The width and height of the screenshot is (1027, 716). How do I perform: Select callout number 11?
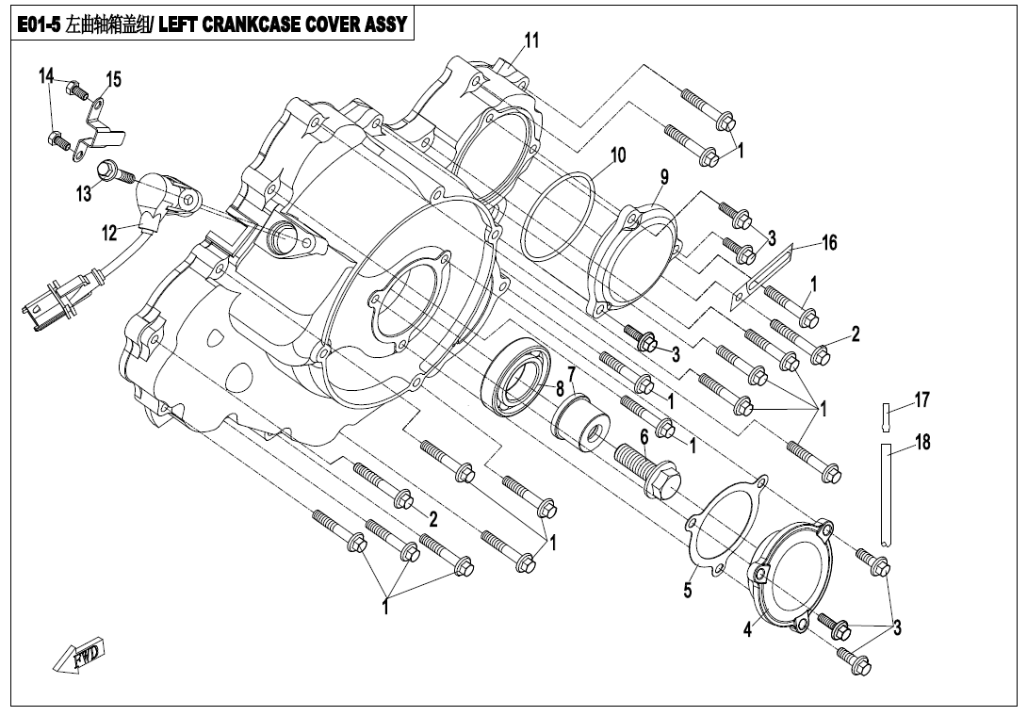coord(531,40)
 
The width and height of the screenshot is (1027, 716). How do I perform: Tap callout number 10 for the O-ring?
coord(617,155)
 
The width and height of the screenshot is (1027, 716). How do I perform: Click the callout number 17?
coord(921,400)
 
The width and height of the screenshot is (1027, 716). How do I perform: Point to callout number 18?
coord(921,441)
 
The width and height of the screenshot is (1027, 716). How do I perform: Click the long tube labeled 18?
coord(887,495)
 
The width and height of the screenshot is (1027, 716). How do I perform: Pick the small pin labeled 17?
coord(887,415)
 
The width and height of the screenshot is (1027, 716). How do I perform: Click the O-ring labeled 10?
coord(559,215)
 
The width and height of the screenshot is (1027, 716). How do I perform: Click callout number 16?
coord(828,243)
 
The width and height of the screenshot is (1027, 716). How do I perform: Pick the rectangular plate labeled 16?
coord(761,274)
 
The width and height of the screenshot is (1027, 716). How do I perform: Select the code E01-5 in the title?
coord(39,25)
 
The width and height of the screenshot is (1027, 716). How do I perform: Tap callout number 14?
coord(46,76)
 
